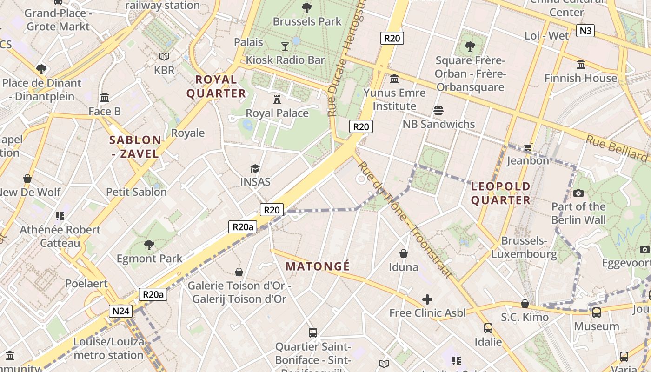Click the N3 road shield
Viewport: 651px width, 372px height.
point(585,31)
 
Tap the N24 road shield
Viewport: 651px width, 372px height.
point(120,311)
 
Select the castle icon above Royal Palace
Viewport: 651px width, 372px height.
point(277,99)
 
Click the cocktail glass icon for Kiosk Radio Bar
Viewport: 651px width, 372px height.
point(285,46)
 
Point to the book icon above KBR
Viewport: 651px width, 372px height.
point(164,56)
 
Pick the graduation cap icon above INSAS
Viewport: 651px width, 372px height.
point(255,168)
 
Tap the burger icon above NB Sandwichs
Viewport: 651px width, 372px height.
point(438,111)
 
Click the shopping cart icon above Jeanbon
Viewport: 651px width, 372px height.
point(528,147)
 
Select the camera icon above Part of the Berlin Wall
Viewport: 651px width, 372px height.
point(578,193)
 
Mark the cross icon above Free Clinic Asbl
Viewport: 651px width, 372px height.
point(427,299)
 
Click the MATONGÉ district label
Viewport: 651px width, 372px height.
point(318,266)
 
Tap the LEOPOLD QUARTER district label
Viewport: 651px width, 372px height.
point(500,193)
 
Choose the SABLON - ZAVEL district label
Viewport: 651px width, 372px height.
point(135,146)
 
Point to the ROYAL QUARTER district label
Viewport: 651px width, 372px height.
point(216,86)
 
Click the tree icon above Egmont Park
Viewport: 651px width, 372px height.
point(149,245)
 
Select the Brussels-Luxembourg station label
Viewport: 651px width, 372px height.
point(524,247)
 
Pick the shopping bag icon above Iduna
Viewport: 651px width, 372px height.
point(404,253)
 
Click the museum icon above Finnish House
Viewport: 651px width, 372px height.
point(580,65)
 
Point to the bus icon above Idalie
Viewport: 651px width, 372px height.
point(488,328)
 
